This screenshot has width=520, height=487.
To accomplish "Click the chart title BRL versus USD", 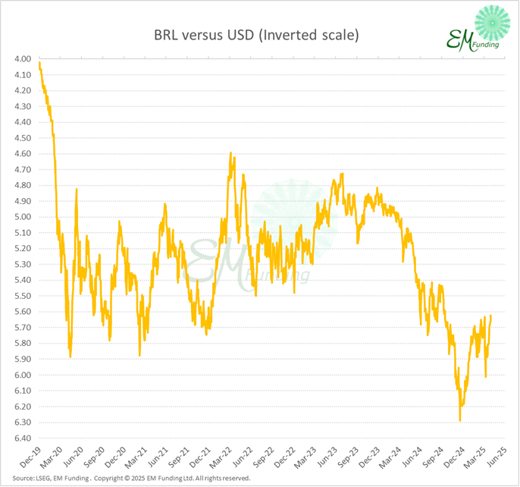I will [255, 35].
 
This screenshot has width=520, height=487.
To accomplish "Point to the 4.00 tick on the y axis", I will [21, 59].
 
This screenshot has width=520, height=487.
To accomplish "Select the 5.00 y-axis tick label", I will [21, 217].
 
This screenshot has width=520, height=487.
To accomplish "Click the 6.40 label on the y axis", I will [21, 438].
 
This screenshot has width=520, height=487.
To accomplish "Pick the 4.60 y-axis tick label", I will [21, 154].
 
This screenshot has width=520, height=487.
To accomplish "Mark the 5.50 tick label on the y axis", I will [21, 296].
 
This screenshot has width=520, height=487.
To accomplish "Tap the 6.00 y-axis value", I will [21, 375].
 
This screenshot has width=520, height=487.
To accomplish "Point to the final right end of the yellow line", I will [490, 316].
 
